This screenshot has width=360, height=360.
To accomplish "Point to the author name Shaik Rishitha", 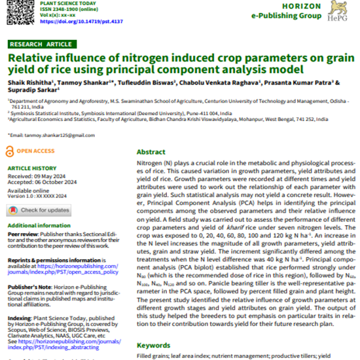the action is point(29,83).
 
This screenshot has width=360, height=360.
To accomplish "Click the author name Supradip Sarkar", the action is point(31,90).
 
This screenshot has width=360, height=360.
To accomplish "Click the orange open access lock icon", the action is point(10,151).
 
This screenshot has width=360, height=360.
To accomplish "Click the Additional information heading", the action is point(39,225).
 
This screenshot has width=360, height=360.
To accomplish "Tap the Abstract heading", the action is point(151,151).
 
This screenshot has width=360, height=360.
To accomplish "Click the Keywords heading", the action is point(153,345).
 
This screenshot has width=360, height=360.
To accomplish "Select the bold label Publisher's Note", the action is point(26,287).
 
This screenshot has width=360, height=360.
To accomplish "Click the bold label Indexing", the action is point(18,318).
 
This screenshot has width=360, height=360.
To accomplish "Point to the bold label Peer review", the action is point(21,233).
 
